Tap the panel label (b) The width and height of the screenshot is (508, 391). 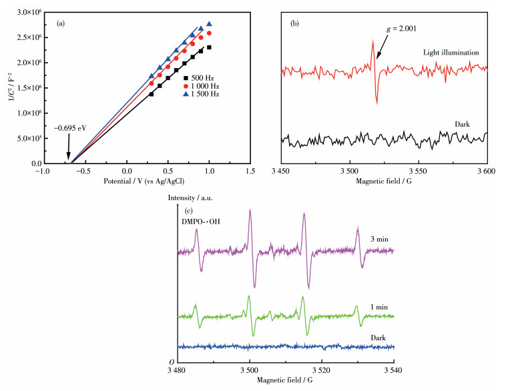point(295,24)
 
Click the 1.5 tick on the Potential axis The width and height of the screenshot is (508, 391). point(250,171)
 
